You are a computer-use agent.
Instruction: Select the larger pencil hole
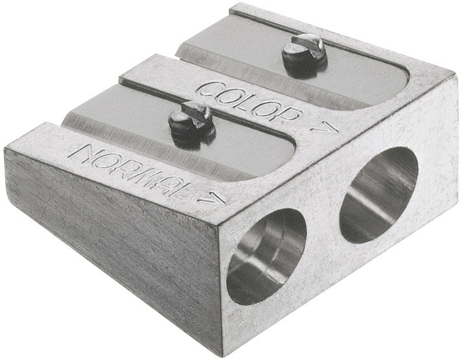coord(379,195)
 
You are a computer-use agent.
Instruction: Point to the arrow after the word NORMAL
coord(213,200)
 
